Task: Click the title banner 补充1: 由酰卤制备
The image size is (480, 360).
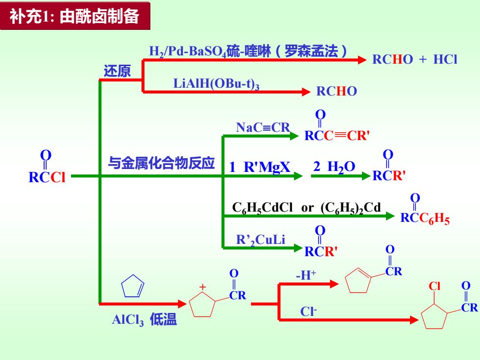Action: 75,16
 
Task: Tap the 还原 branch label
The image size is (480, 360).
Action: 117,71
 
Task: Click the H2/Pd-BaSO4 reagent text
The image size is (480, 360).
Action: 187,51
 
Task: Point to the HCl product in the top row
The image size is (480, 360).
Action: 445,59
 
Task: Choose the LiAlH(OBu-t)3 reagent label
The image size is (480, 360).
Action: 216,84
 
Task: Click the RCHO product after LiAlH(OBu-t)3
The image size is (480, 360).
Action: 336,91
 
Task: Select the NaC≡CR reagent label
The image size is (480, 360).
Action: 263,127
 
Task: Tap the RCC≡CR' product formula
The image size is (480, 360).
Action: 337,126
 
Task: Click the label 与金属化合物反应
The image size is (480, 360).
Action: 161,163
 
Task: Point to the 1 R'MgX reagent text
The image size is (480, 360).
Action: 260,167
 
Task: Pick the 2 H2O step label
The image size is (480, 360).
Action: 334,167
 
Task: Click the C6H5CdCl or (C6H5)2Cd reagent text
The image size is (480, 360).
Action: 307,208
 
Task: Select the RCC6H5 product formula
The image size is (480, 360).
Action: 425,210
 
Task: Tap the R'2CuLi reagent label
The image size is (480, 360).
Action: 261,240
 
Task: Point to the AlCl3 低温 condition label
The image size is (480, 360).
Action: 144,319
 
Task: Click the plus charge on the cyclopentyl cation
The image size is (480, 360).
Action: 202,287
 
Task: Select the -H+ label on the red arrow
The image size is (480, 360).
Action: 306,275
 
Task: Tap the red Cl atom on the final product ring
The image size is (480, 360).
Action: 434,286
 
